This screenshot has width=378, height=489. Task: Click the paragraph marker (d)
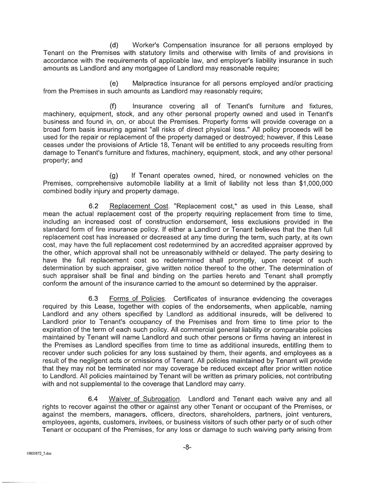tap(114, 45)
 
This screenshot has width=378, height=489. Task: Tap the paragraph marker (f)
tap(113, 106)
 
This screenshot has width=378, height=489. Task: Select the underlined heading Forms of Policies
tap(137, 298)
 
